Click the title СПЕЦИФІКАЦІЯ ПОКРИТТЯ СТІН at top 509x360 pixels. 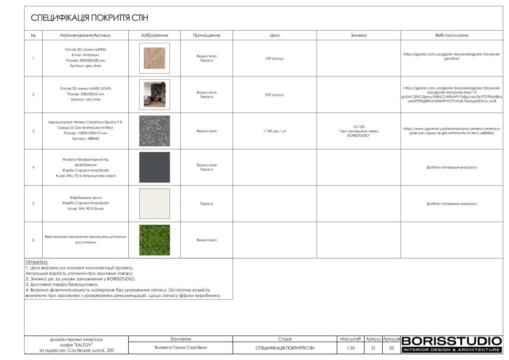[x=89, y=18]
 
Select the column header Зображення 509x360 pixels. [x=154, y=35]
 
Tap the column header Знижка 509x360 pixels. [x=358, y=35]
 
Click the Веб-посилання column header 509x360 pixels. [x=451, y=35]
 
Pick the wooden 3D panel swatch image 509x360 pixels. [x=154, y=58]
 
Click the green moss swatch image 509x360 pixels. [x=154, y=240]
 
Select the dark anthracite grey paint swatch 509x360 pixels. [x=154, y=168]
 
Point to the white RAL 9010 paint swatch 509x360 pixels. [x=154, y=204]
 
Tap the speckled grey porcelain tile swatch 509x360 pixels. [x=154, y=131]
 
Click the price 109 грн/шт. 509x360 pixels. [x=274, y=59]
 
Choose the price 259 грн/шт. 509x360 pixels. [x=274, y=95]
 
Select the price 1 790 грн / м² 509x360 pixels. [x=274, y=131]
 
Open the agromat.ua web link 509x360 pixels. [x=451, y=131]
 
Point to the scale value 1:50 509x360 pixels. [x=350, y=348]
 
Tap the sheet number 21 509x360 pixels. [x=373, y=348]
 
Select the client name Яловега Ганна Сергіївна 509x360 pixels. [x=180, y=348]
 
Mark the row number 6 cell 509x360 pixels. [x=33, y=240]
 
